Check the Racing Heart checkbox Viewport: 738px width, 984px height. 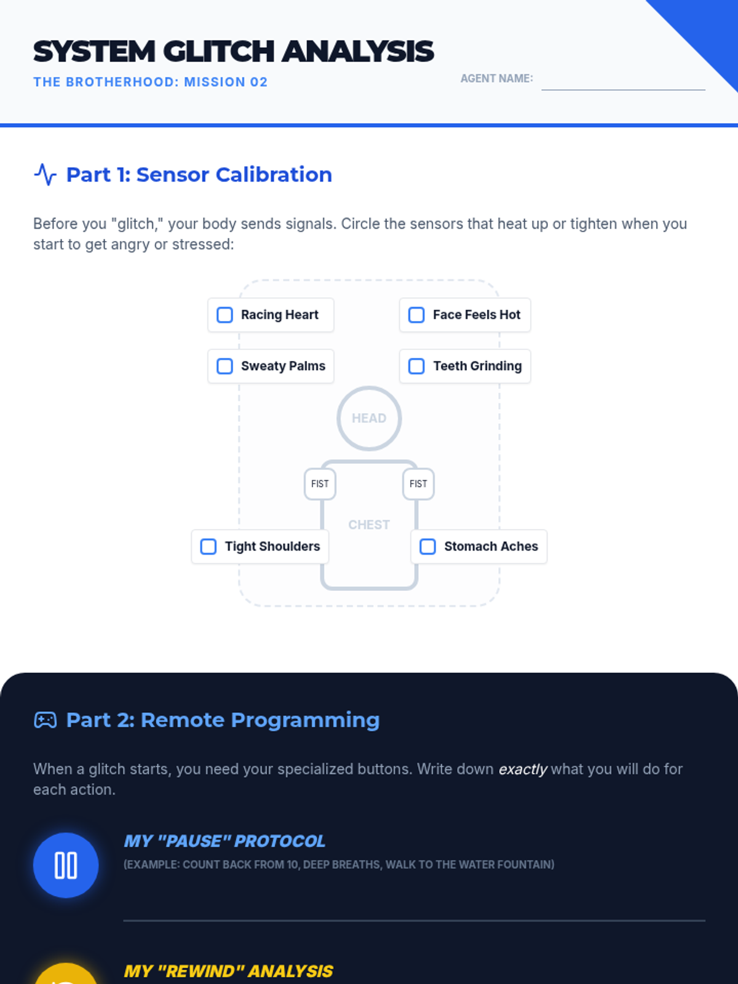(x=224, y=315)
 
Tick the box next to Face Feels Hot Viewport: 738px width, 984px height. (x=416, y=315)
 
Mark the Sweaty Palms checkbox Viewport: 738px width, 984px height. (x=224, y=366)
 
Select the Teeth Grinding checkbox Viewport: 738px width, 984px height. (x=416, y=366)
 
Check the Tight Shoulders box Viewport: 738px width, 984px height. (x=208, y=547)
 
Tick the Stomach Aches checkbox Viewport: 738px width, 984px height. (x=427, y=547)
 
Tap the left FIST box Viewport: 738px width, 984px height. (x=320, y=484)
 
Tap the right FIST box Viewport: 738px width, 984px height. (x=418, y=484)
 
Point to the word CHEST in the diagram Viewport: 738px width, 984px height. (x=369, y=525)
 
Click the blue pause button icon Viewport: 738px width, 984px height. (x=66, y=865)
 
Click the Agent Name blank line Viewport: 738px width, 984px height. (x=623, y=90)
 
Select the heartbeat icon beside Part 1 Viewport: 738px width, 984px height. (x=46, y=175)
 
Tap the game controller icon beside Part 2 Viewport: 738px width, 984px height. (x=46, y=720)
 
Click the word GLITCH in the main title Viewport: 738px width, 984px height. (x=218, y=51)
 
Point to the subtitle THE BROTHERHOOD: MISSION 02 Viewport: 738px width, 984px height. (x=151, y=82)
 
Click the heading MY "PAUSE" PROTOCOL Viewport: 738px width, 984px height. (x=224, y=841)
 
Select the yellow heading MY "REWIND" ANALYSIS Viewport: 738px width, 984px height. (x=228, y=971)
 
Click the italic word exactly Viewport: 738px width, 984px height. (x=523, y=769)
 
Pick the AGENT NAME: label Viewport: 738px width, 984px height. (x=496, y=79)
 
